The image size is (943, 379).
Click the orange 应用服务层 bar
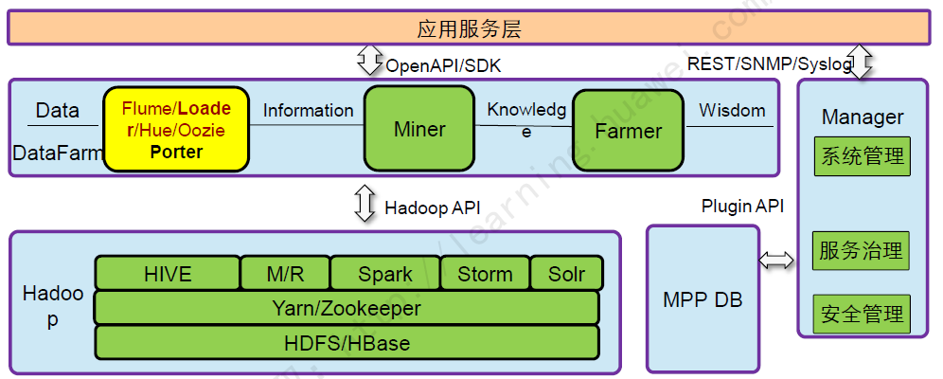[x=471, y=28]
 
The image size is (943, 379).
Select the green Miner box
[x=419, y=129]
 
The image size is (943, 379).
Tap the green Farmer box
[x=628, y=131]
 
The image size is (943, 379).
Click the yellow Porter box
[x=176, y=130]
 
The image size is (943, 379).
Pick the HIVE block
[x=167, y=274]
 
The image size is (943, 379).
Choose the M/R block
[x=285, y=274]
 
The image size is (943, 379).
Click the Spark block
[x=384, y=274]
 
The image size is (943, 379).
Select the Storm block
[x=486, y=274]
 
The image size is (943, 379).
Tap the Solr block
[x=566, y=274]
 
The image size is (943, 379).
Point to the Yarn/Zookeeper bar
[x=347, y=308]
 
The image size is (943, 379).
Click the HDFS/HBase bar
[x=347, y=342]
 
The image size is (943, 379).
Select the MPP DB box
[x=703, y=299]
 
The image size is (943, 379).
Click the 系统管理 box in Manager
[x=862, y=156]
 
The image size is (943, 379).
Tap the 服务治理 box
[x=862, y=251]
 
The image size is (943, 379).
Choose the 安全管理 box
[x=862, y=313]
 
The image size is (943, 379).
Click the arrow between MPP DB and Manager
[x=778, y=260]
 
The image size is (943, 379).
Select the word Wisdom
[x=732, y=111]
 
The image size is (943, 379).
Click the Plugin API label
[x=742, y=206]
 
